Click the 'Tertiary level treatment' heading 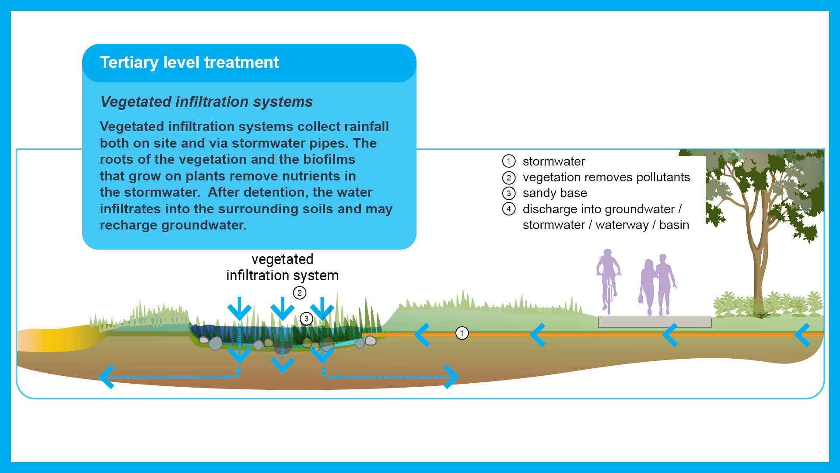point(189,63)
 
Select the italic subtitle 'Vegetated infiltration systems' point(206,102)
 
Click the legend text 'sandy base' point(555,193)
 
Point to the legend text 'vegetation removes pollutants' point(606,177)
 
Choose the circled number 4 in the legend point(508,209)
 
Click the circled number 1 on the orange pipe point(462,333)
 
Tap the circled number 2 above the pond point(299,293)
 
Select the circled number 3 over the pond point(306,318)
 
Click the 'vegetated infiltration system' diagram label point(282,267)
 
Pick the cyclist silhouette point(608,276)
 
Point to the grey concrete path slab point(654,321)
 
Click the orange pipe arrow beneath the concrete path point(670,335)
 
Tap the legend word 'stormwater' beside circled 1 point(553,162)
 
